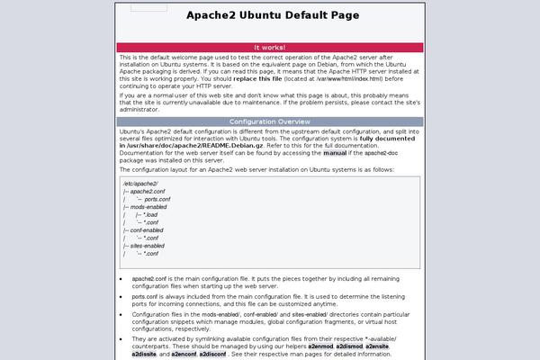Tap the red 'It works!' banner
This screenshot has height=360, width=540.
269,47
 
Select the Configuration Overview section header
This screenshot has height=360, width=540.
269,121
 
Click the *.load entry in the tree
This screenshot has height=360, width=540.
150,215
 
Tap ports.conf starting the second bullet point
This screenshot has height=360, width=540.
144,295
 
